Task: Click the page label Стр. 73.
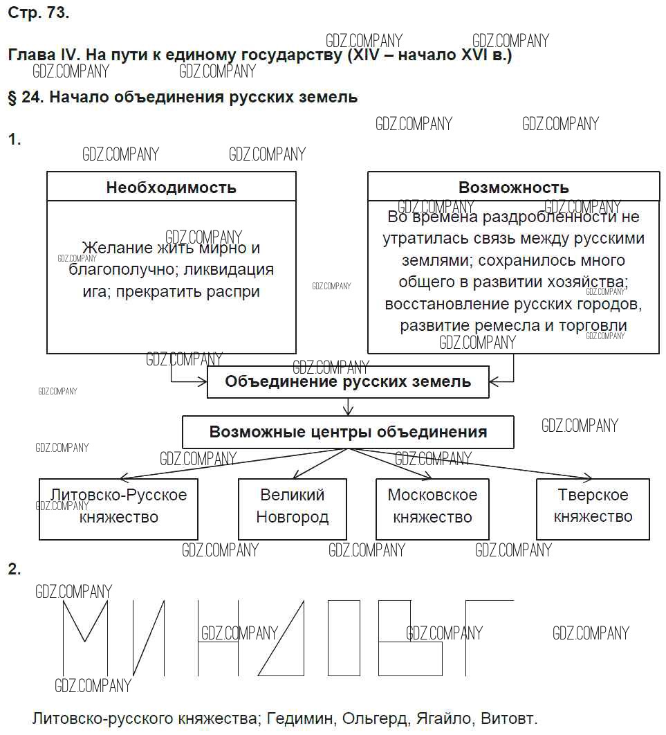click(39, 13)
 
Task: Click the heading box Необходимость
click(171, 188)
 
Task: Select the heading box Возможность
click(513, 188)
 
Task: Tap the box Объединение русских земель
click(348, 381)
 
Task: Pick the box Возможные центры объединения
click(348, 433)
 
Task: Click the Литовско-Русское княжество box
click(118, 509)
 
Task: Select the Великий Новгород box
click(293, 509)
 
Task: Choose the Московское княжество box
click(432, 509)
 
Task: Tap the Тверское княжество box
click(593, 509)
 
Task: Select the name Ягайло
click(444, 718)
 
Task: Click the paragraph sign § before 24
click(12, 97)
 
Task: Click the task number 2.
click(14, 570)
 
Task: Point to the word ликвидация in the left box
click(232, 270)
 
